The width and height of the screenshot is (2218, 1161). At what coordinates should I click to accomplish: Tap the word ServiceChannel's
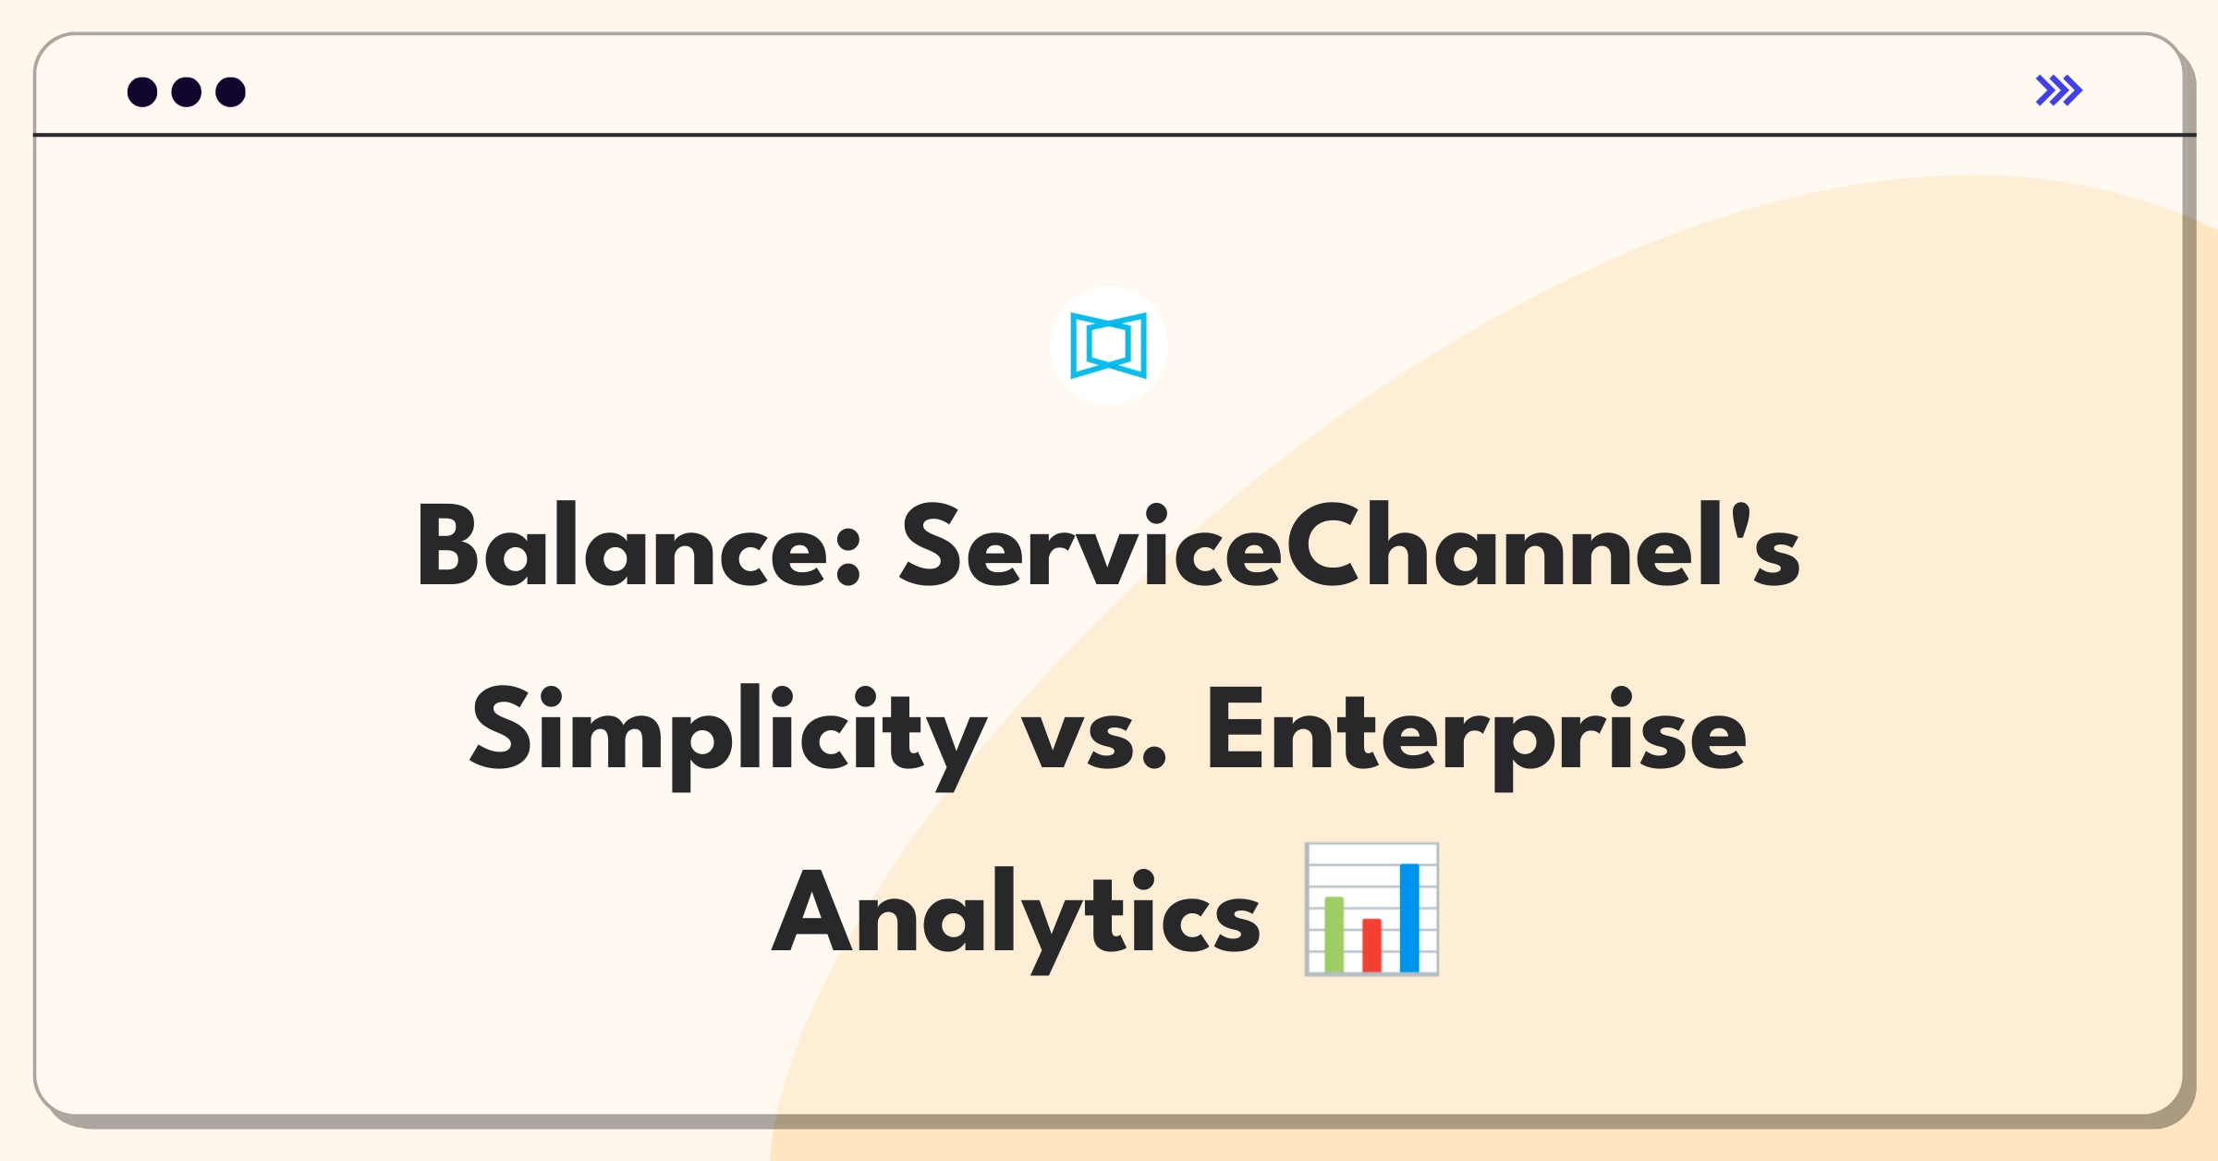[x=1350, y=545]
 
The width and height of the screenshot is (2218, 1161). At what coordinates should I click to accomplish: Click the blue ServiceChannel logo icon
[x=1108, y=346]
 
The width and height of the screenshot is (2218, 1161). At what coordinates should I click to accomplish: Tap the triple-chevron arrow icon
[x=2059, y=91]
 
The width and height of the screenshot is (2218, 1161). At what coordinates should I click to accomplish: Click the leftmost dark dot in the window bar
[x=142, y=92]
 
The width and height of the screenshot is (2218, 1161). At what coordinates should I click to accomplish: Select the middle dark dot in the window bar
[x=187, y=92]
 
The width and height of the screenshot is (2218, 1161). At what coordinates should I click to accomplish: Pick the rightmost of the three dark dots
[x=231, y=92]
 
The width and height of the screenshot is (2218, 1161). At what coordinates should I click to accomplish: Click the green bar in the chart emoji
[x=1334, y=934]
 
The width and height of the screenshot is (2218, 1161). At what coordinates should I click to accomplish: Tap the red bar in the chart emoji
[x=1371, y=945]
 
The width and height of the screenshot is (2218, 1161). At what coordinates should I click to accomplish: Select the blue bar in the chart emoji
[x=1409, y=917]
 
